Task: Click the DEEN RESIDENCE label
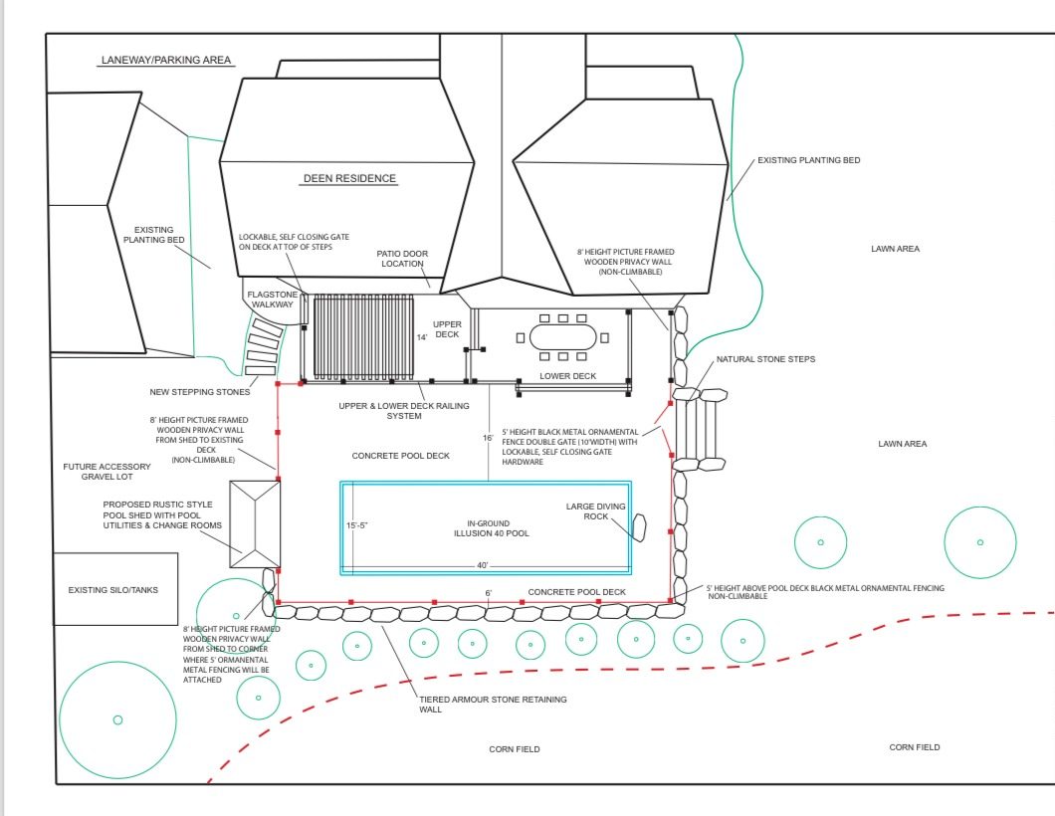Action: [x=349, y=178]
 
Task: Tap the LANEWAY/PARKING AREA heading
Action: [x=166, y=60]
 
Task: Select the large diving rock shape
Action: [x=639, y=527]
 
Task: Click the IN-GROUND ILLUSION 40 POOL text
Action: [x=491, y=528]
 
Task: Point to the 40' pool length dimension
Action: [x=483, y=565]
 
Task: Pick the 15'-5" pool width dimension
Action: [x=357, y=525]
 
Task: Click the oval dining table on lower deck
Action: [x=563, y=337]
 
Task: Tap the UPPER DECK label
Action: [x=447, y=329]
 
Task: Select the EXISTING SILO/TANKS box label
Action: [x=113, y=590]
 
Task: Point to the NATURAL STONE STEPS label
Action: [x=765, y=359]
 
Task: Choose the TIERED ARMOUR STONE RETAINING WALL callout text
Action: [x=493, y=705]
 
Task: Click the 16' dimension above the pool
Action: [x=488, y=438]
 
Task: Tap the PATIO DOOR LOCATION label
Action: [x=402, y=259]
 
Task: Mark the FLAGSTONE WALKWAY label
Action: [x=273, y=300]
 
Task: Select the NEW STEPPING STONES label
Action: [x=200, y=391]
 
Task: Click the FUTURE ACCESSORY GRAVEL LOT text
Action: [x=106, y=471]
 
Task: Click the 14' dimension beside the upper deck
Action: [x=422, y=337]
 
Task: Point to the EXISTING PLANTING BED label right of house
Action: [x=809, y=160]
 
